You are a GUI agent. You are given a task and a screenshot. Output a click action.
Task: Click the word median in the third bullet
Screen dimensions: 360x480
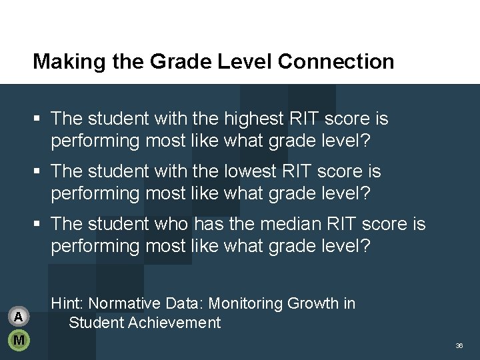click(261, 224)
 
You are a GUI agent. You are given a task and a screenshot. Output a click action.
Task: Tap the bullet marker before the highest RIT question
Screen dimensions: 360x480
click(39, 119)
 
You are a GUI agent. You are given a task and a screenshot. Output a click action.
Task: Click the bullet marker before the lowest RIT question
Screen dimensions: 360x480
click(39, 172)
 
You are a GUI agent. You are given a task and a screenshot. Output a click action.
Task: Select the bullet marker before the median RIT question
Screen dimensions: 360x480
click(39, 225)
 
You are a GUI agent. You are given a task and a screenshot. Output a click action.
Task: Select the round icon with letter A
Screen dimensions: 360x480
click(19, 315)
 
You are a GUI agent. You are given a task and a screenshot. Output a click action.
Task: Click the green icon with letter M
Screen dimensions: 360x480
click(19, 340)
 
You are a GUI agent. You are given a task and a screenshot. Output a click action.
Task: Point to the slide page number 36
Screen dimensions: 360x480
click(459, 346)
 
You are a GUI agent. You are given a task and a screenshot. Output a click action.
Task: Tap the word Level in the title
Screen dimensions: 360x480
click(249, 62)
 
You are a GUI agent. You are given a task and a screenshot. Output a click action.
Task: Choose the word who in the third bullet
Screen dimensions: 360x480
click(156, 224)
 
